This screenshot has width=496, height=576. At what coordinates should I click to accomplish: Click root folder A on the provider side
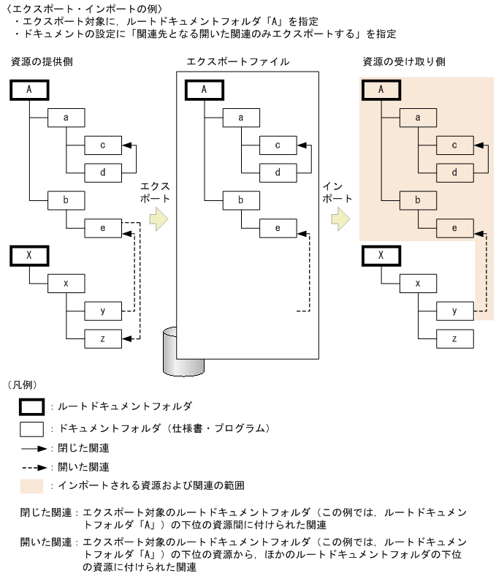[28, 90]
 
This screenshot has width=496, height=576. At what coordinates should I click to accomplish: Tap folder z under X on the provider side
[102, 338]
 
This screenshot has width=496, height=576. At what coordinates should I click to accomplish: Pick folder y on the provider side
[102, 311]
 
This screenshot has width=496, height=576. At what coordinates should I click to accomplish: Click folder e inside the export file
[278, 227]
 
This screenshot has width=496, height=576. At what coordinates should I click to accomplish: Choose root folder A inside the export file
[204, 90]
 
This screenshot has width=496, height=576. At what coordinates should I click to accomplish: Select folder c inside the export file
[278, 145]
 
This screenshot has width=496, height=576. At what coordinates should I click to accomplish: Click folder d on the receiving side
[454, 173]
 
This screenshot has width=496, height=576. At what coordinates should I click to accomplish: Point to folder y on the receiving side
[454, 311]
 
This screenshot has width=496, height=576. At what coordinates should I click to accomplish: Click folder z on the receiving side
[454, 338]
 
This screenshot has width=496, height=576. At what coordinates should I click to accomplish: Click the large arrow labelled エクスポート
[156, 219]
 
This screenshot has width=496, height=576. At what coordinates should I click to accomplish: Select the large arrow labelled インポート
[337, 219]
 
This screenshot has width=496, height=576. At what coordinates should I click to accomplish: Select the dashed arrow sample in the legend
[34, 466]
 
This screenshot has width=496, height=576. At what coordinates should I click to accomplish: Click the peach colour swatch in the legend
[34, 485]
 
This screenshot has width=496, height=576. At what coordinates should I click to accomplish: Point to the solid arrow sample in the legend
[34, 447]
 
